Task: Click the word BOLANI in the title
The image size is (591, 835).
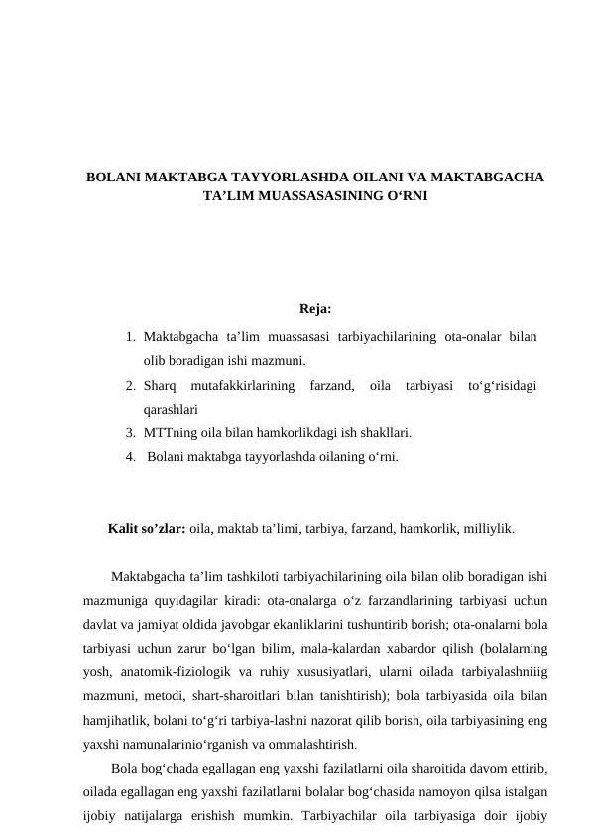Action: (x=112, y=178)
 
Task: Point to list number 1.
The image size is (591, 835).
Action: (x=131, y=338)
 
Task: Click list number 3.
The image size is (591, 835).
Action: (x=131, y=432)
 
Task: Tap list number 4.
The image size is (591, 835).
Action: (x=131, y=456)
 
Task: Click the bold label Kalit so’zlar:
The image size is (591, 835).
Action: (x=147, y=529)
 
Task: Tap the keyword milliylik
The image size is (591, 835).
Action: (x=487, y=529)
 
